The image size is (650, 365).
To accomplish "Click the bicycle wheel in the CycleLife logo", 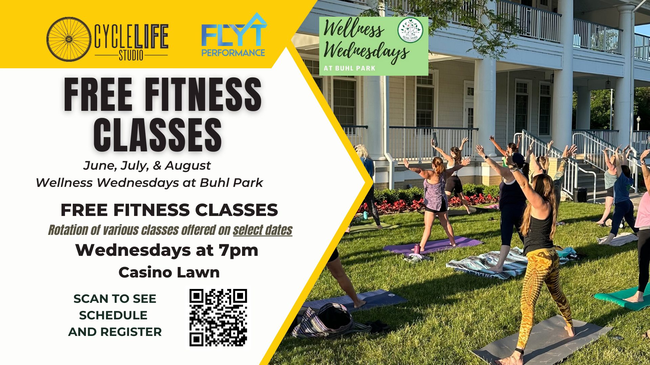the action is click(x=69, y=39).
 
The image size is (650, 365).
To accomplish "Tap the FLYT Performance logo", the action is click(x=234, y=35).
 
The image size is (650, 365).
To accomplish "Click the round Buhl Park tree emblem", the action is click(x=410, y=30).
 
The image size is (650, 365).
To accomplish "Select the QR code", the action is click(x=218, y=317).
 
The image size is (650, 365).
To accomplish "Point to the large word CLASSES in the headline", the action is click(x=158, y=135).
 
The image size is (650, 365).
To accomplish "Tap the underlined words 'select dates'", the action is click(x=263, y=230).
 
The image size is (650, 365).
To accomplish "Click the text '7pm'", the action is click(x=238, y=250).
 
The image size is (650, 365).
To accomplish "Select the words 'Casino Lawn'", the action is click(x=169, y=272).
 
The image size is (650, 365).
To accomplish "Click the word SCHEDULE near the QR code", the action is click(x=113, y=315).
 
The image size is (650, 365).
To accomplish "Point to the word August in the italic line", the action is click(x=188, y=166).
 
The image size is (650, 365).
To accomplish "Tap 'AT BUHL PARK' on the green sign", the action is click(x=350, y=68).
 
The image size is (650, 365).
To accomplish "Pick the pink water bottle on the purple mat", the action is click(x=417, y=249).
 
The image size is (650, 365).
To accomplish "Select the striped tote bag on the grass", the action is click(x=330, y=321).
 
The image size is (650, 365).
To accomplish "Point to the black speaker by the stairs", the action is click(x=580, y=195).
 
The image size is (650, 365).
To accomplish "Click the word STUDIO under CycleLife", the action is click(x=131, y=55).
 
